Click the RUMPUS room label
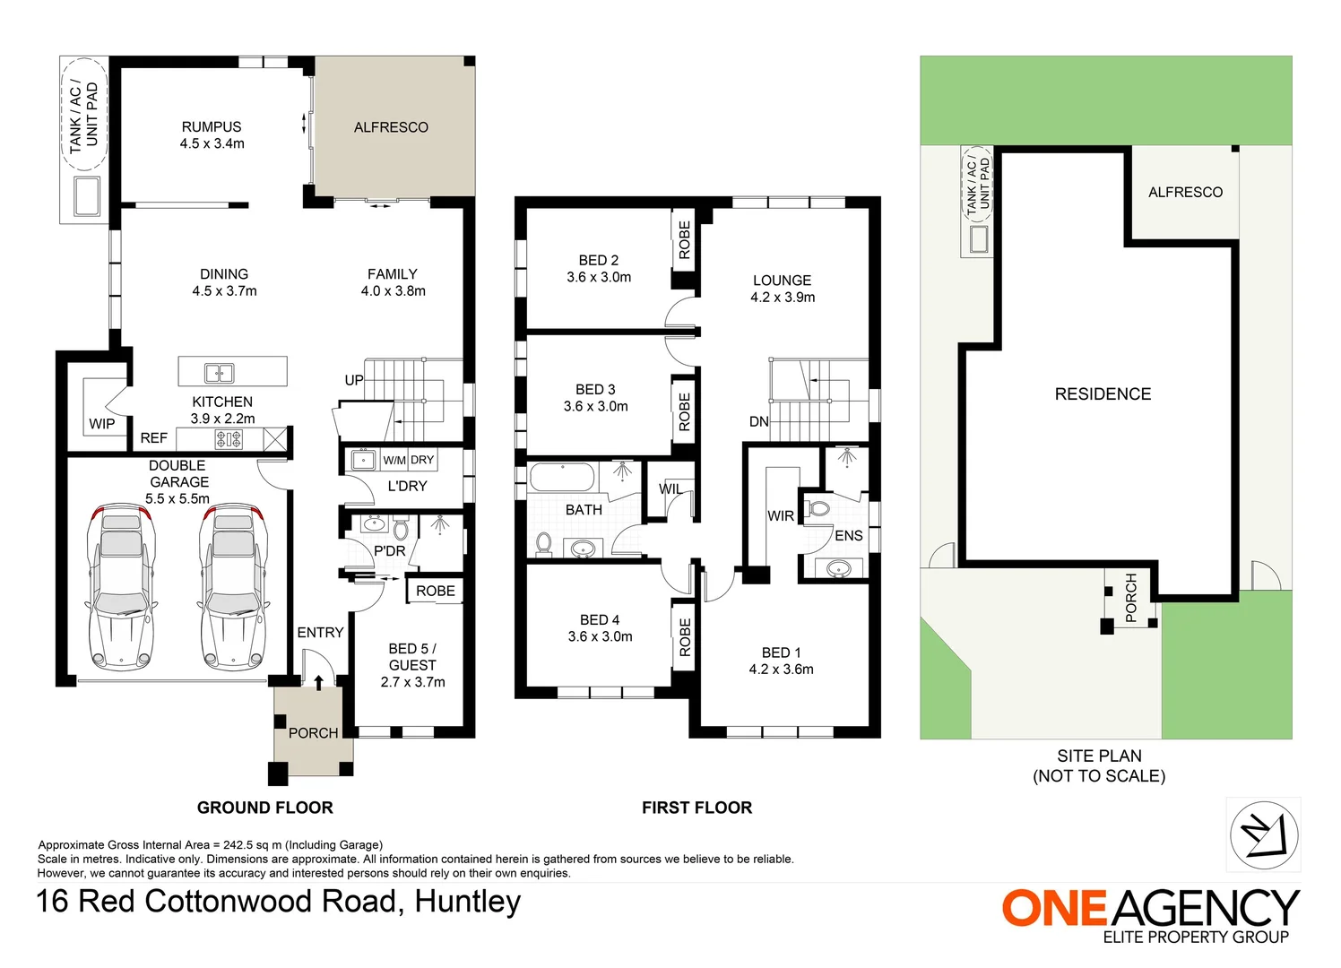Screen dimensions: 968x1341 tap(212, 127)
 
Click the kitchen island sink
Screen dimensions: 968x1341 tap(219, 373)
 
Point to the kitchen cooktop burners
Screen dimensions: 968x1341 tap(229, 439)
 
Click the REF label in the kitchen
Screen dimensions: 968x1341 tap(153, 438)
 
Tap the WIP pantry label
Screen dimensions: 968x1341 tap(101, 424)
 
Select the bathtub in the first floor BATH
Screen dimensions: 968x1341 tap(561, 478)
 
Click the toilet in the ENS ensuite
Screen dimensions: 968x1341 tap(818, 510)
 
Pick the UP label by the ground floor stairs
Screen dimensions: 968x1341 tap(354, 380)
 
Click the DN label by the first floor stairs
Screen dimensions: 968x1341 tap(758, 422)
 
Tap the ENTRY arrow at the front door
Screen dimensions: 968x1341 tap(318, 682)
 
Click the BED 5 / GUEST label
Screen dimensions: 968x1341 tap(412, 657)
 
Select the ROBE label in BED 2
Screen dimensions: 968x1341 tap(685, 240)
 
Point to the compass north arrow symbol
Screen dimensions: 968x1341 tap(1263, 835)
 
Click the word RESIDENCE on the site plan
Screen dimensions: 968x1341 tap(1103, 394)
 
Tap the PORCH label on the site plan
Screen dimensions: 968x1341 tap(1130, 597)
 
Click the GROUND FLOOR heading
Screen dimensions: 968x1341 tap(264, 808)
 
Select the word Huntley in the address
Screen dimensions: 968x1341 tap(468, 902)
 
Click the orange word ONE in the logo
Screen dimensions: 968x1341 tap(1054, 909)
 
